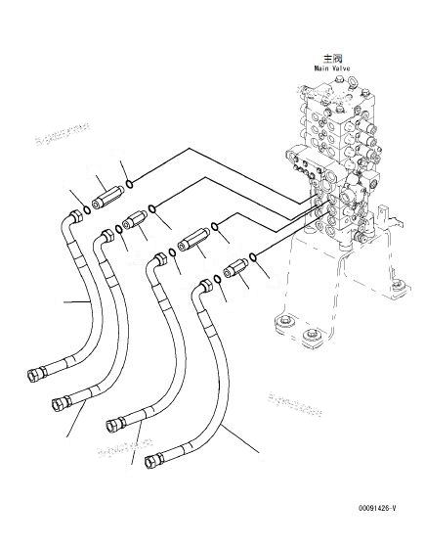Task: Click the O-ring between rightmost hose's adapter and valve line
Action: point(253,257)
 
